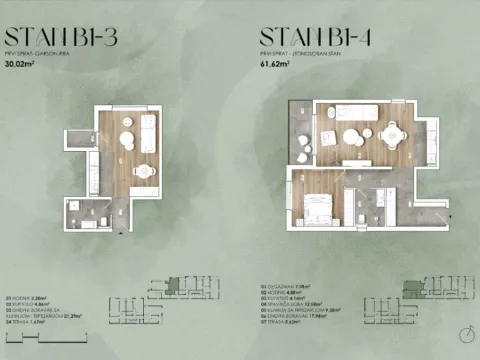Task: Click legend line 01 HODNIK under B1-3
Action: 29,297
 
